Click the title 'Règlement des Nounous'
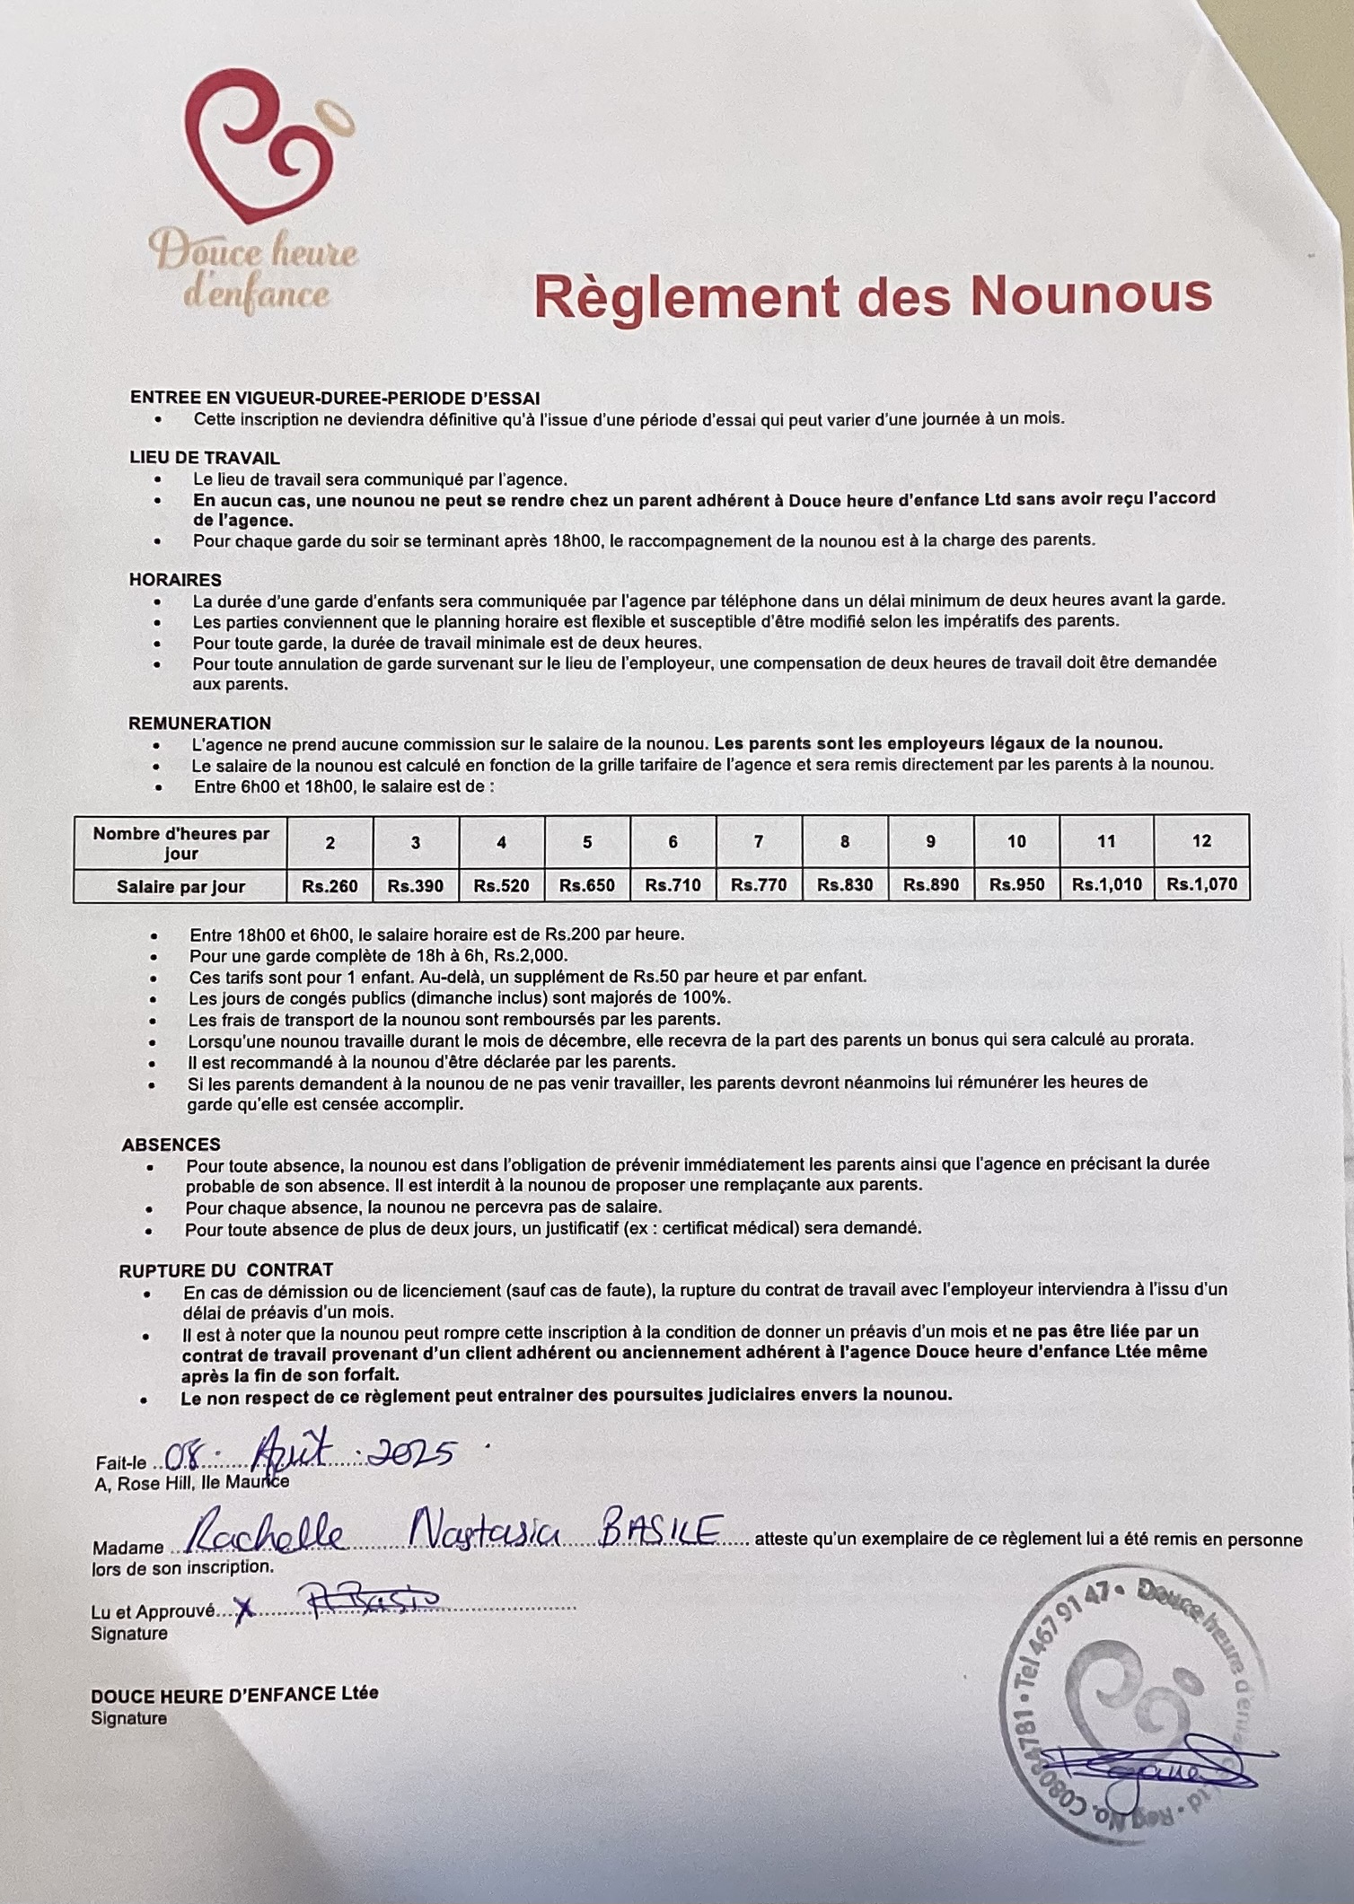pos(872,295)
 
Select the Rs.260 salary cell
pos(330,886)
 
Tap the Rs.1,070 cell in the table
pos(1201,884)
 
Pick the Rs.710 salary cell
pos(673,885)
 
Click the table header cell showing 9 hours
pos(930,841)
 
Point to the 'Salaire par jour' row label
pos(180,887)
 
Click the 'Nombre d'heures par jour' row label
pos(180,843)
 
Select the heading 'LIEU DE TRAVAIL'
pos(205,458)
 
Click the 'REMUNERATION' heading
pos(199,724)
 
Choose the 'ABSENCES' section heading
pos(171,1145)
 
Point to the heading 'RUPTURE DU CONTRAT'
pos(225,1270)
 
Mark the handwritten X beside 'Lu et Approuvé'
pos(242,1610)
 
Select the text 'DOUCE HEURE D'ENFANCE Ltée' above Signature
pos(234,1693)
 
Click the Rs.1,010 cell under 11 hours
pos(1106,885)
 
